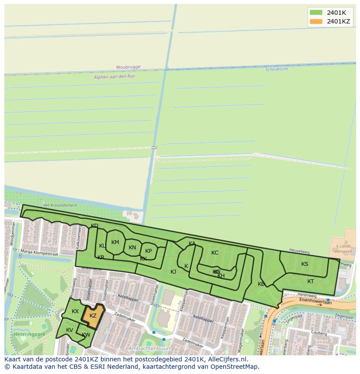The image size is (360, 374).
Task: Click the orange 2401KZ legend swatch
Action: coord(316,21)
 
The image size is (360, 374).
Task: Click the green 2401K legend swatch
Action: coord(316,13)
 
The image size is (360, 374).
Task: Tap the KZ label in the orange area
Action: coord(93,316)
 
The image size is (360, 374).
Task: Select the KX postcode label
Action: coord(75,311)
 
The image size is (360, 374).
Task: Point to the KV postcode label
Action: coord(70,330)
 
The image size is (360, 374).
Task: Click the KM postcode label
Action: coord(115,242)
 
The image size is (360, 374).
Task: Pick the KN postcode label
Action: coord(132,248)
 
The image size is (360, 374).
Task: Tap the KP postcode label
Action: coord(148,251)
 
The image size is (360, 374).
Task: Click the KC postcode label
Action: coord(215,253)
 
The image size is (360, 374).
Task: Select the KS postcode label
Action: coord(305,264)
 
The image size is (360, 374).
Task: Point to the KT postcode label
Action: coord(310,281)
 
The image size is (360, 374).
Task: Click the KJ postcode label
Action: coord(173,272)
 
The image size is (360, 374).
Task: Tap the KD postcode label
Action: coord(94,225)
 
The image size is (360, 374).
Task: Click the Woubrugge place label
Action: coord(128,67)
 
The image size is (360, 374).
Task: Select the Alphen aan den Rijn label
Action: coord(114,76)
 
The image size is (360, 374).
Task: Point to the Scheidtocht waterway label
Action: coord(277,69)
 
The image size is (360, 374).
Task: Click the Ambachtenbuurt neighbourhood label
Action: coord(148,348)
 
